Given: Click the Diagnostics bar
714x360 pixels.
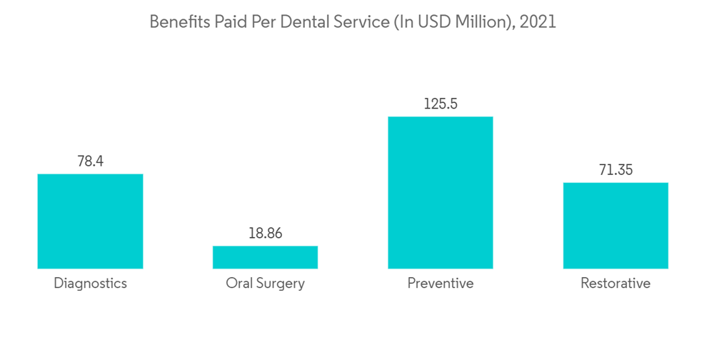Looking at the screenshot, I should (x=90, y=221).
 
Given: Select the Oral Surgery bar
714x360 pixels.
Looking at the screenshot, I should (x=265, y=257).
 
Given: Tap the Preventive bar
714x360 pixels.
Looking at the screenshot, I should (x=440, y=193).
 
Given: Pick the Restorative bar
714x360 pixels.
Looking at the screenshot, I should (x=615, y=226).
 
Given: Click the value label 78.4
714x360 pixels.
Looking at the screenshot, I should (x=90, y=161).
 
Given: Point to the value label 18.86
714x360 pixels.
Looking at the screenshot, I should (x=265, y=234).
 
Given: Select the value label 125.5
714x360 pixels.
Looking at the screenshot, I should (x=440, y=104).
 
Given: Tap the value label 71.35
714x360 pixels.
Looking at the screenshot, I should (x=615, y=170).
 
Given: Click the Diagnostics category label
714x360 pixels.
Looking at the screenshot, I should (x=90, y=284).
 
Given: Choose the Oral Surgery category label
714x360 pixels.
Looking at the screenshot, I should (x=265, y=284).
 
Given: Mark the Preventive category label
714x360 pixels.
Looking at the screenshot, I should (x=440, y=284).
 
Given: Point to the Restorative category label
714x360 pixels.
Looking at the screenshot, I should (x=615, y=284).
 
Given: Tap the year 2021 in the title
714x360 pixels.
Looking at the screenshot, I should (x=538, y=22).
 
